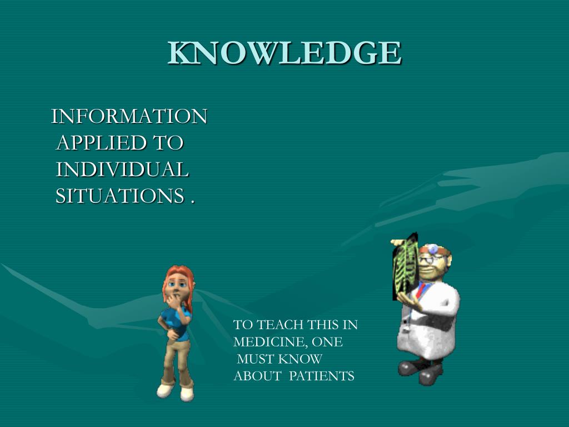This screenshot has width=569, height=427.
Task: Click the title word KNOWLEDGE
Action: (284, 53)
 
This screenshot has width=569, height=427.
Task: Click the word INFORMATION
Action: (129, 117)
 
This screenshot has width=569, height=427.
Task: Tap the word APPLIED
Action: (101, 143)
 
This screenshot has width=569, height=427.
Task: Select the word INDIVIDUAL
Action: (122, 169)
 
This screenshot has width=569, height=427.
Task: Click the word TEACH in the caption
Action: (280, 325)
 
